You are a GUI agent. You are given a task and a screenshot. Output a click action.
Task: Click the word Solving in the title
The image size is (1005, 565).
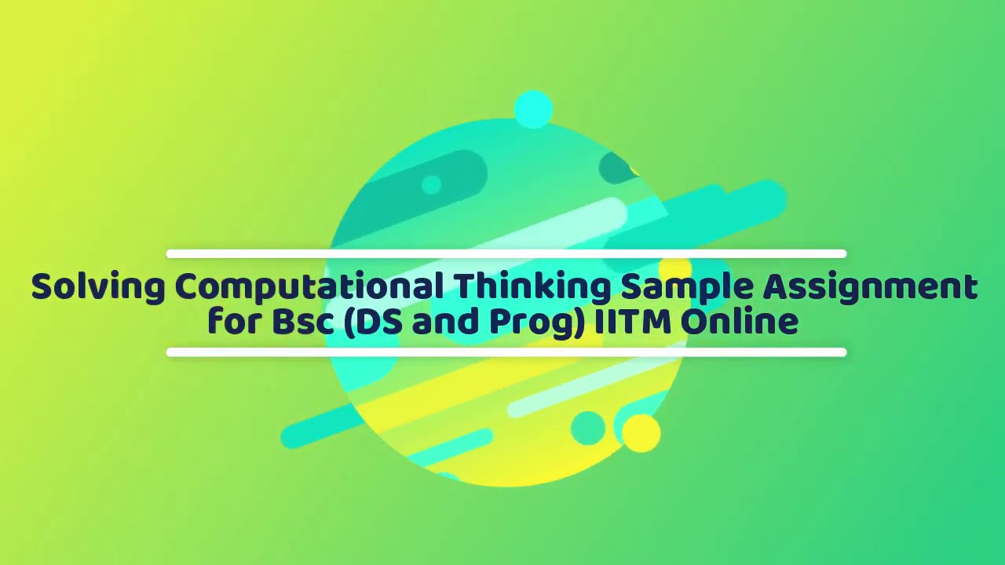click(98, 288)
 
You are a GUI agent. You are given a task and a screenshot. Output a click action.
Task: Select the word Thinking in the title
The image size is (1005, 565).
click(532, 288)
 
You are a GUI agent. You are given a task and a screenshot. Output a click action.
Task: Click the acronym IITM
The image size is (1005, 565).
click(633, 321)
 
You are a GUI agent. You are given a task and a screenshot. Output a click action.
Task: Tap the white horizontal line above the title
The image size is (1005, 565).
click(506, 253)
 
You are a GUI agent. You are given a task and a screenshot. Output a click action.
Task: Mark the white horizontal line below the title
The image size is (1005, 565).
click(506, 352)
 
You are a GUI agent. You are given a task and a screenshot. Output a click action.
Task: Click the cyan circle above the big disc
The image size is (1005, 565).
click(533, 110)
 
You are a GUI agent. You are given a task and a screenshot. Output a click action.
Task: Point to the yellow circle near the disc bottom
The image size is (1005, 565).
click(641, 433)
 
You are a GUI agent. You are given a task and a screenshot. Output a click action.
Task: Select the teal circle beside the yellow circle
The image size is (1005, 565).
click(588, 428)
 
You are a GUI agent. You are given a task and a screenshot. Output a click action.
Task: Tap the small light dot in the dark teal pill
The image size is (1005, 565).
click(431, 184)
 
